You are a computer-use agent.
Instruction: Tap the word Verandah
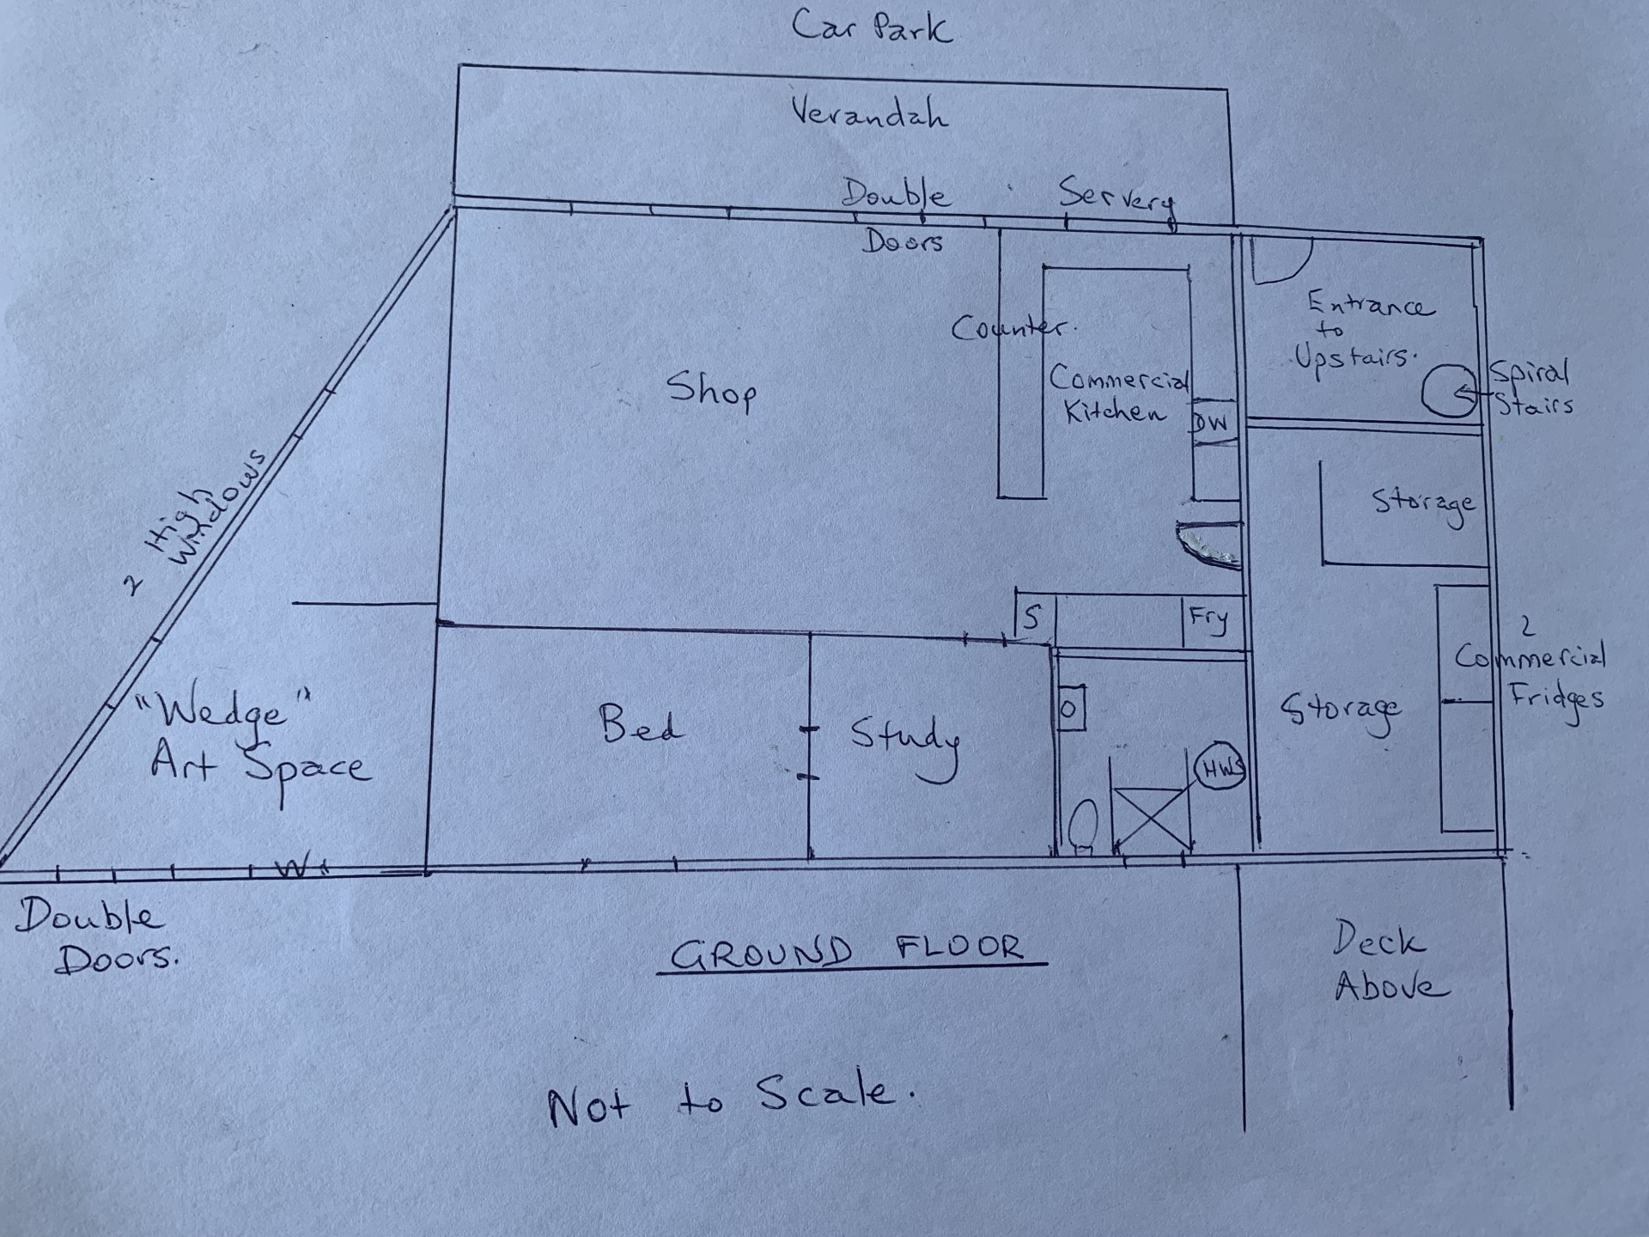pos(869,113)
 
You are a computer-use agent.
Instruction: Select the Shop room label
pos(712,390)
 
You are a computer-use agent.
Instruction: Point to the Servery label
pos(1117,199)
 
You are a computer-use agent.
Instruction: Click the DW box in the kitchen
pos(1213,422)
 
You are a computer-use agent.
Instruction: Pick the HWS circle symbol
pos(1220,769)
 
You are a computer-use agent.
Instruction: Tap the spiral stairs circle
pos(1448,392)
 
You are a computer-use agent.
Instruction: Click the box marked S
pos(1033,617)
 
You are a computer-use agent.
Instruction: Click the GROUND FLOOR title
pos(848,952)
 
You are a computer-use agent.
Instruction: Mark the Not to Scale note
pos(731,1100)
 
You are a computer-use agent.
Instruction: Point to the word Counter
pos(1012,328)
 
